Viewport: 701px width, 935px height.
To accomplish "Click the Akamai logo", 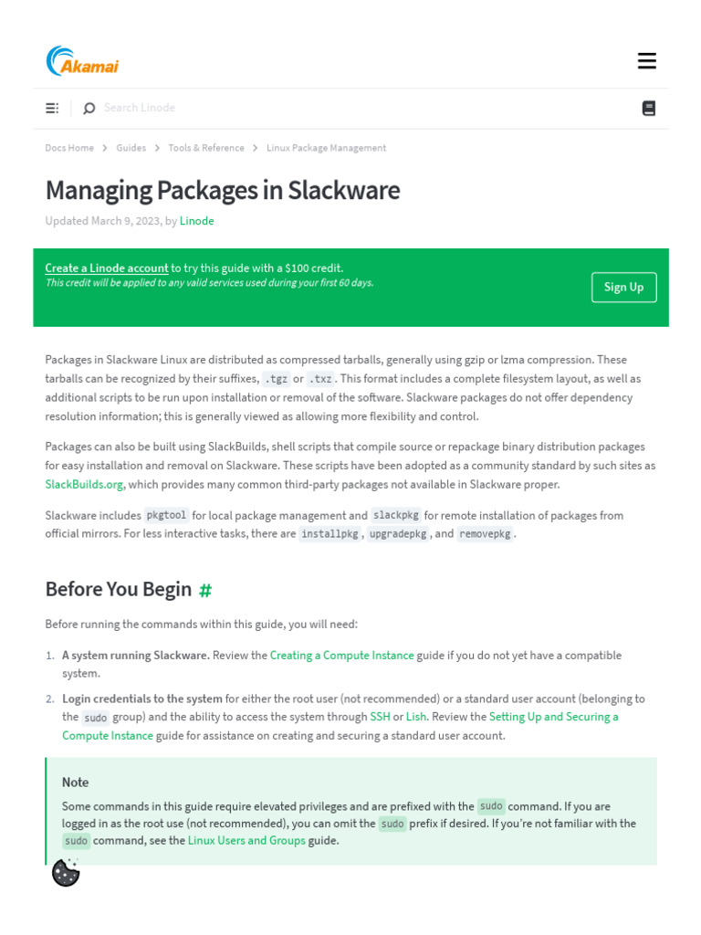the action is [x=82, y=61].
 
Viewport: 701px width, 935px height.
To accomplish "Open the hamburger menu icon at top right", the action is [x=647, y=61].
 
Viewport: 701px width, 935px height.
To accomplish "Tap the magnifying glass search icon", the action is [x=89, y=109].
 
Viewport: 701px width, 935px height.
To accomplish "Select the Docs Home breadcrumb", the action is [x=69, y=148].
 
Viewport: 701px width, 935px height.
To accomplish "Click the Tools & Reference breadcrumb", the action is [x=206, y=148].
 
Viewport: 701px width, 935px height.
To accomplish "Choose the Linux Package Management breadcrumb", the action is [x=326, y=148].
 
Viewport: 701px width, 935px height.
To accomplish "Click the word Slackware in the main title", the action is [x=344, y=190].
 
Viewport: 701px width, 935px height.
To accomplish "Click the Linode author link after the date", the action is [x=196, y=221].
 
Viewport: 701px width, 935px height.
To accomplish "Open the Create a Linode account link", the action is [x=107, y=268].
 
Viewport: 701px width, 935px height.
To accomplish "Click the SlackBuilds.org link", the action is [x=84, y=485].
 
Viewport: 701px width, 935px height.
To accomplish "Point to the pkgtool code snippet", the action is [x=166, y=515].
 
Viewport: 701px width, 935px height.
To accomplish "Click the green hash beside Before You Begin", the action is [x=205, y=590].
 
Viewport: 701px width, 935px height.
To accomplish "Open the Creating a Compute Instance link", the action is [x=341, y=656].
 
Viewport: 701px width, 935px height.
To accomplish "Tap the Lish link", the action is [x=415, y=717].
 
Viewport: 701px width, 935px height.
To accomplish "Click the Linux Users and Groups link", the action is [x=246, y=841].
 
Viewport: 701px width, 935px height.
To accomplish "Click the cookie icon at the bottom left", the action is [x=66, y=873].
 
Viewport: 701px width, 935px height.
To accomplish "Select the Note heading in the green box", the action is [x=76, y=783].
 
